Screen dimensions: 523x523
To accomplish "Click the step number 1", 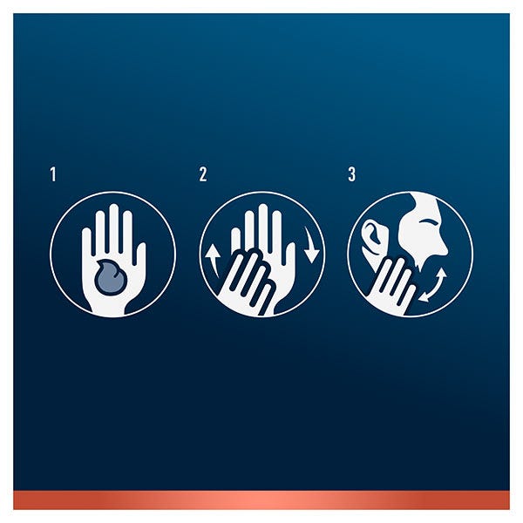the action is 53,174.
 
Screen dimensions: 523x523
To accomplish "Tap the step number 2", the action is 203,174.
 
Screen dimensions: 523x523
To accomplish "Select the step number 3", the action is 351,174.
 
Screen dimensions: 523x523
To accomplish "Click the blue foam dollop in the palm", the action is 111,275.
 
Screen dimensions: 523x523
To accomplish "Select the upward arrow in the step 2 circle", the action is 213,261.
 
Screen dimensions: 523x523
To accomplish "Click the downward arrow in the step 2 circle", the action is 311,245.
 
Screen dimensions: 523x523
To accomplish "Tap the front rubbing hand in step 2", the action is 248,280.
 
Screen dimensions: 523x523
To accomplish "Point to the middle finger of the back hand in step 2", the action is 262,223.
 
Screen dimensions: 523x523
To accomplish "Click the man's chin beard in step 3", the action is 421,269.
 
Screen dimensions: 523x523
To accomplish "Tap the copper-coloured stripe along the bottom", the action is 261,499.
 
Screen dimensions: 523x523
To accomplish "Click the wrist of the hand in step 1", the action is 110,306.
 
